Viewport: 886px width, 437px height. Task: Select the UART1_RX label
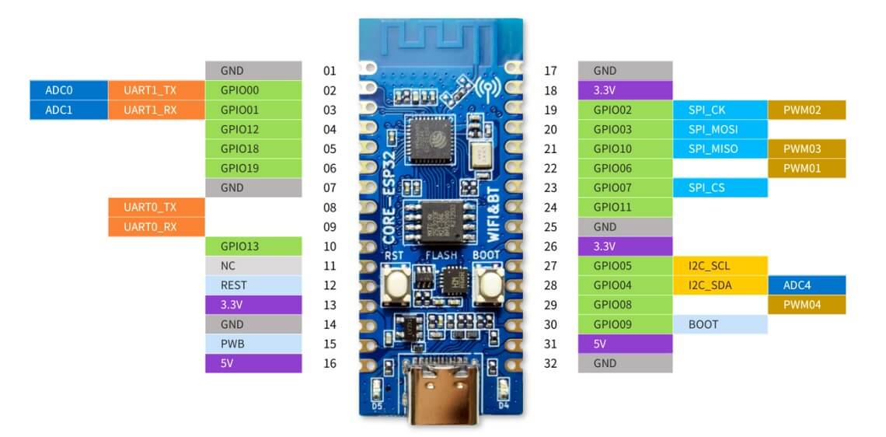pyautogui.click(x=156, y=110)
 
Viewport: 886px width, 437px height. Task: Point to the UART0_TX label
pyautogui.click(x=156, y=208)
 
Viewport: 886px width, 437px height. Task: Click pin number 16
pyautogui.click(x=330, y=363)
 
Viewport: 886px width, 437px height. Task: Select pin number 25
pyautogui.click(x=551, y=227)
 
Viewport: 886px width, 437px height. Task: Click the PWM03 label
pyautogui.click(x=806, y=149)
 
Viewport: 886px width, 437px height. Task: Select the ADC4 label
pyautogui.click(x=806, y=285)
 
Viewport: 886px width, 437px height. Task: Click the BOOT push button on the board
pyautogui.click(x=490, y=286)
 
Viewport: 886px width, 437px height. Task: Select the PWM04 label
pyautogui.click(x=806, y=305)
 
